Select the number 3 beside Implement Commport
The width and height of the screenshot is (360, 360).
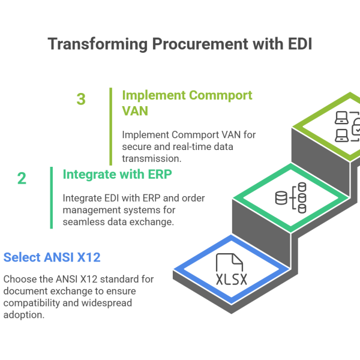pos(81,99)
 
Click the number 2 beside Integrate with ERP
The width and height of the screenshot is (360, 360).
pos(22,178)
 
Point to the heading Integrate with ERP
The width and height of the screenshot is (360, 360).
pos(118,175)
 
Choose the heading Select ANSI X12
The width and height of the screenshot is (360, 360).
pos(52,257)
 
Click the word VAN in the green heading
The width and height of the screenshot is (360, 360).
pos(136,111)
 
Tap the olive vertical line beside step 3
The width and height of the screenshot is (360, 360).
pos(111,126)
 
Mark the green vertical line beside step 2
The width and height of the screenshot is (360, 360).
pos(52,197)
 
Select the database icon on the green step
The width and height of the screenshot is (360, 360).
pos(290,197)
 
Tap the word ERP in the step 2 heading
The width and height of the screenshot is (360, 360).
pos(161,175)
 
